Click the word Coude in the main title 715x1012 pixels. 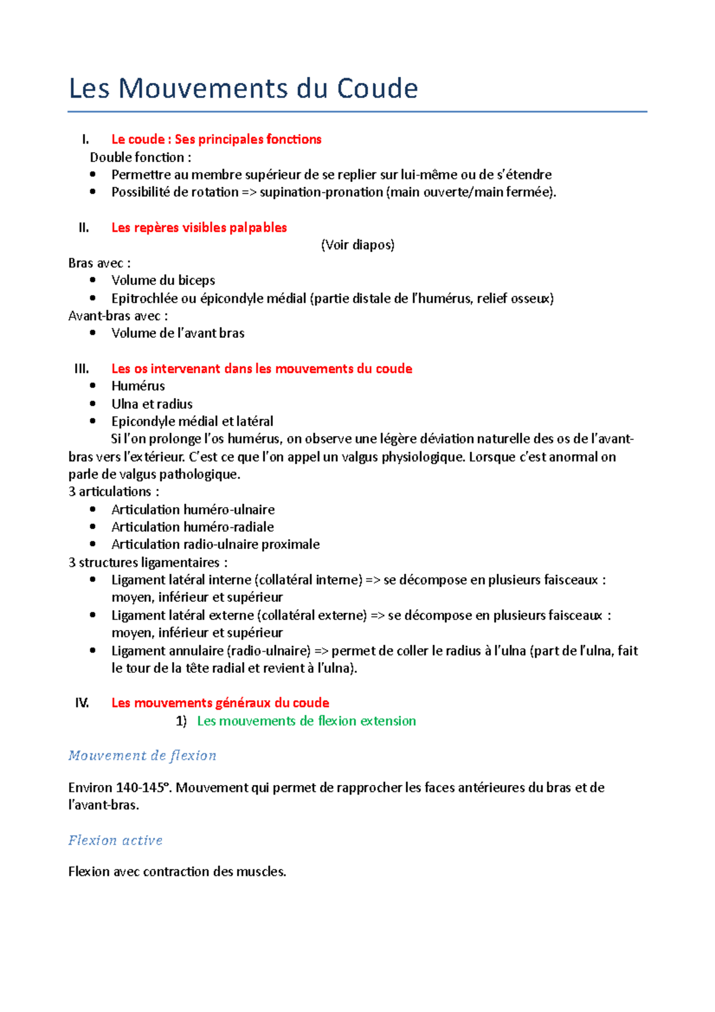377,89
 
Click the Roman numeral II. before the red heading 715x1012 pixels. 84,228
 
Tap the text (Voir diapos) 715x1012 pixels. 357,245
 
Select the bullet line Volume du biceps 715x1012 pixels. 163,280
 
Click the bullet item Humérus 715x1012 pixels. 138,386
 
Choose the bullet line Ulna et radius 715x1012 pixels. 152,404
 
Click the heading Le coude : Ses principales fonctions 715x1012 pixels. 216,139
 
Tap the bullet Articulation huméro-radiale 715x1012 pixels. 192,527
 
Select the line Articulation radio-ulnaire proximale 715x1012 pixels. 215,544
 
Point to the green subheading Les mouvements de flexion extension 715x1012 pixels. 306,721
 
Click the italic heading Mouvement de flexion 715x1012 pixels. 142,756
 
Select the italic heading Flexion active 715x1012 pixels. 116,840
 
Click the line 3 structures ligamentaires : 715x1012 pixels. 148,563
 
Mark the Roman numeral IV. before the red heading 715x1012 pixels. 82,703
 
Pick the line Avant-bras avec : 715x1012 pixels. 118,316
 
